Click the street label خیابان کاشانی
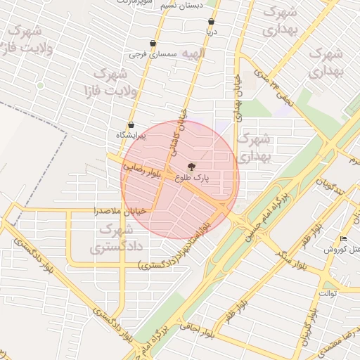point(176,131)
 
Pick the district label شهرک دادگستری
point(115,238)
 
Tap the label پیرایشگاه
point(131,135)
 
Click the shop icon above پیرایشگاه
point(131,124)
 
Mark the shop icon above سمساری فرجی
point(153,43)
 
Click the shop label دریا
point(211,32)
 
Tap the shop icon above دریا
point(211,22)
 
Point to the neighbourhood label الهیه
point(193,53)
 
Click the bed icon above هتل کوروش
point(343,239)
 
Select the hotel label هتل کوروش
point(342,250)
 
